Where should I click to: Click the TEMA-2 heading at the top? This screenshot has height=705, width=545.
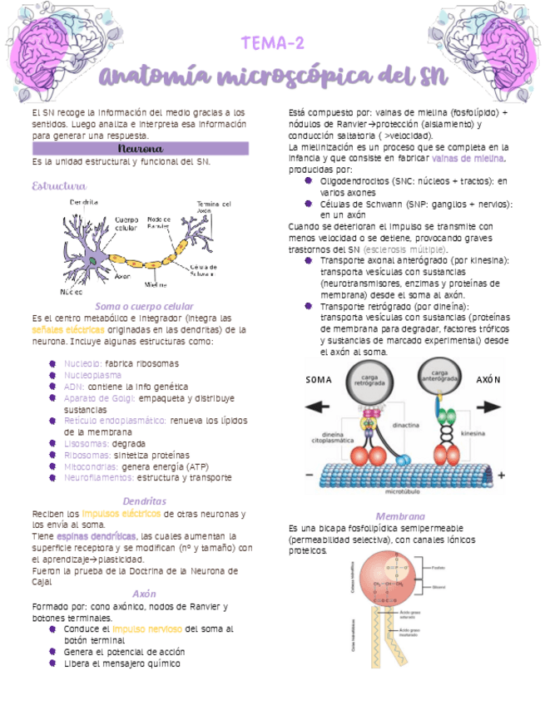272,43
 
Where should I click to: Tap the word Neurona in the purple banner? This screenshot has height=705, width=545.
140,148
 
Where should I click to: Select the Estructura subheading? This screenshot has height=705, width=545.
58,185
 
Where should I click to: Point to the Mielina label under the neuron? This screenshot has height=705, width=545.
156,283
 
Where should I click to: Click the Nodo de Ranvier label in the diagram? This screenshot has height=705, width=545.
158,224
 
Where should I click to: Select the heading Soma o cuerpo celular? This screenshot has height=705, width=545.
144,306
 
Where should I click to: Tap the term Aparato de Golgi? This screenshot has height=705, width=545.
92,397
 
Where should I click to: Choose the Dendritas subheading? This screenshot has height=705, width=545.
144,501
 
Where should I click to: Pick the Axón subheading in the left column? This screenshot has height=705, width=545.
144,594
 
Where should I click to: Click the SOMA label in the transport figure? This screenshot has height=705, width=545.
320,380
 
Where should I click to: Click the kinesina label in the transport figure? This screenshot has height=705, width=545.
473,434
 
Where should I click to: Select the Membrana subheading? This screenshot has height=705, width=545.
400,516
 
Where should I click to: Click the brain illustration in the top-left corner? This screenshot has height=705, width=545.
52,52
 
